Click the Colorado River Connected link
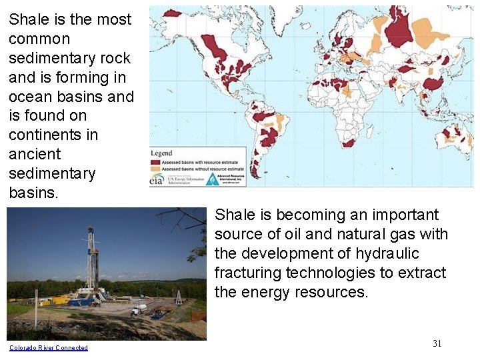pos(48,347)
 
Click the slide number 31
pos(437,343)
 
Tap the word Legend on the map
pos(161,153)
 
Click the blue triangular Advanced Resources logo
pos(213,179)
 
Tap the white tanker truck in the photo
pos(138,309)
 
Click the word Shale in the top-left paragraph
pos(27,20)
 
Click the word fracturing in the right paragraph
pos(248,273)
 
